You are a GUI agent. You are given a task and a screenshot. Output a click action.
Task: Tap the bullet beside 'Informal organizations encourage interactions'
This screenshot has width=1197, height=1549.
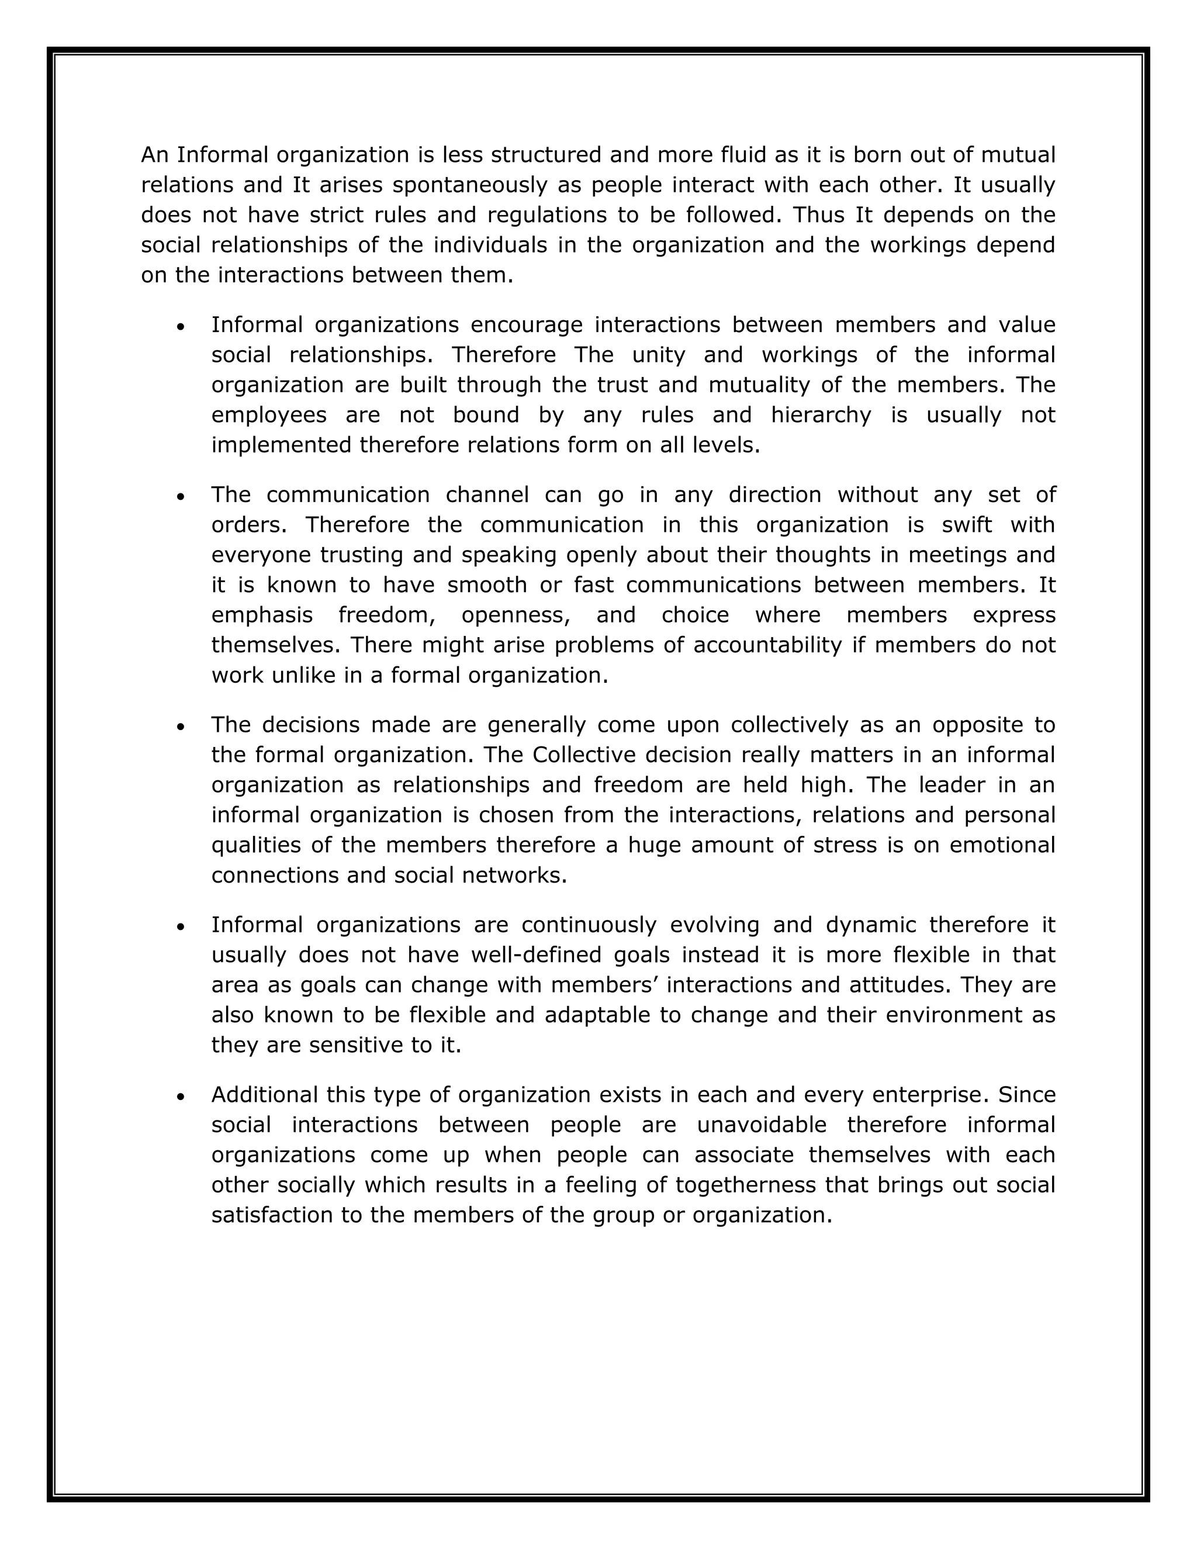click(x=181, y=327)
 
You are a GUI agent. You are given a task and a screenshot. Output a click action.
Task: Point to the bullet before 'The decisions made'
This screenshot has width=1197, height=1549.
click(x=181, y=728)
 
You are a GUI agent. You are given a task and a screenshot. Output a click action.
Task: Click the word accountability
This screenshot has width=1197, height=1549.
click(x=766, y=645)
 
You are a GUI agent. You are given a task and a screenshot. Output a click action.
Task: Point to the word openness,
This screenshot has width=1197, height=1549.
click(x=516, y=615)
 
